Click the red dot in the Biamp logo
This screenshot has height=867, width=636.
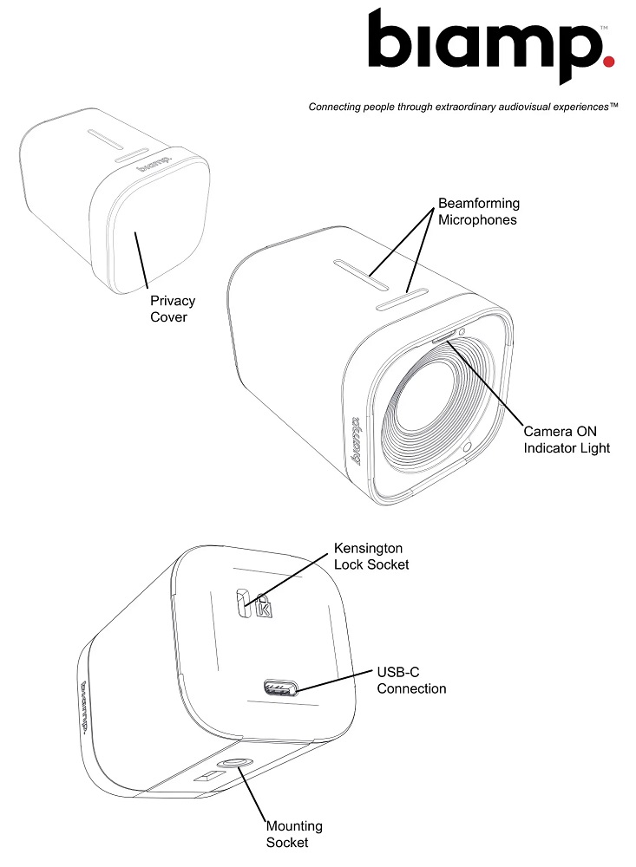point(608,61)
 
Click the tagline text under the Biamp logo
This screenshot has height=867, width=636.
point(462,107)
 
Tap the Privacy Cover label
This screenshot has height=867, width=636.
point(173,309)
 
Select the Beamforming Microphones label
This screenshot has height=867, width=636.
point(479,212)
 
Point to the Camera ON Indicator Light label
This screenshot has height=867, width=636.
point(567,440)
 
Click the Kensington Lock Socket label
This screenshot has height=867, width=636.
point(370,557)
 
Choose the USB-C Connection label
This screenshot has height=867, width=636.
point(411,680)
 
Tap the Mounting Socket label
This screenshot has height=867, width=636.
point(294,834)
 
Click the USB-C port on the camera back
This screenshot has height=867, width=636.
point(281,688)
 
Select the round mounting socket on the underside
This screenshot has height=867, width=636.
point(233,764)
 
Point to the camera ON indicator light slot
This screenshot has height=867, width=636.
point(443,338)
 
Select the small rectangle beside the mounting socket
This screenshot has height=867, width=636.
point(207,776)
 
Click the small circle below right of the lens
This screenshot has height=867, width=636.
point(467,447)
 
